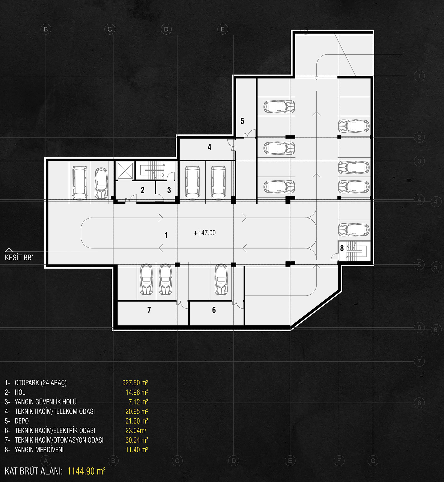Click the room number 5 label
242,121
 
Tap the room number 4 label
209,147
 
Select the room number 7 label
149,310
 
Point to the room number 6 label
214,310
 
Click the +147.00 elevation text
205,233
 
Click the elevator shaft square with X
125,171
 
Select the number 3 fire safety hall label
169,190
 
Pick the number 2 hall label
143,190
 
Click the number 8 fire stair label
342,248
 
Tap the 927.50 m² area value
135,383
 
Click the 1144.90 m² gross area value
86,471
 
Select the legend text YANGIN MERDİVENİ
39,450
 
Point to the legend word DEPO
22,421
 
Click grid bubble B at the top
46,29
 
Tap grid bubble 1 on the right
419,76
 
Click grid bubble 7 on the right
419,361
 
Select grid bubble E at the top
223,29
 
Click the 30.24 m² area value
137,440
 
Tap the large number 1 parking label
166,235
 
